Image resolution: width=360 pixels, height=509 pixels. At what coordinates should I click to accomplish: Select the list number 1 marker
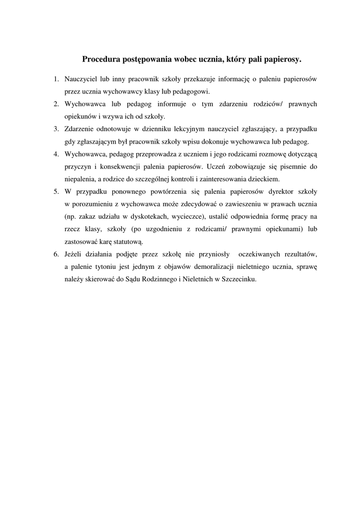coord(56,79)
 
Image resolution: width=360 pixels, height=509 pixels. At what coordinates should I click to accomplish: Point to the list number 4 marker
coord(56,154)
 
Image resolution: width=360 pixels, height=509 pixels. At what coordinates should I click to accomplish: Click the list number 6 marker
coord(56,254)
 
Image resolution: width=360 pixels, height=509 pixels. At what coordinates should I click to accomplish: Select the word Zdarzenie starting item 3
coord(80,129)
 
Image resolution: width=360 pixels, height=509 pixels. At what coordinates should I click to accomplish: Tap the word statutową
coord(127,242)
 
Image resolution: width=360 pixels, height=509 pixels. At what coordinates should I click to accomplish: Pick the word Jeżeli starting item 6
coord(74,254)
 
